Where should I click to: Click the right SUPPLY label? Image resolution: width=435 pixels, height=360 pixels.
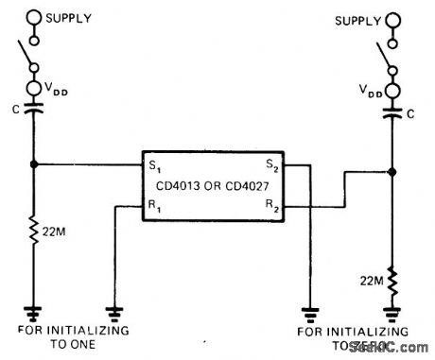355,20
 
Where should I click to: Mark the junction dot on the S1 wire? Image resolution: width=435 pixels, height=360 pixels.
35,163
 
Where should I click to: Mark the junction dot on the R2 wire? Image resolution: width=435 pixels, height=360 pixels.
393,172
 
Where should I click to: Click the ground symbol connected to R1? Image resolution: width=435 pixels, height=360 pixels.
113,309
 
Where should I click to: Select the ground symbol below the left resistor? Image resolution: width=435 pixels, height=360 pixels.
35,309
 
